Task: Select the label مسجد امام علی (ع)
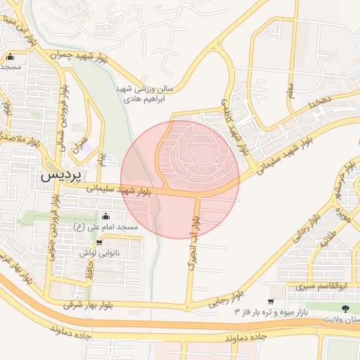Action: [x=107, y=228]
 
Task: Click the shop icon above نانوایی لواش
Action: [x=99, y=242]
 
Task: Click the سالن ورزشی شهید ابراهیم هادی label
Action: [x=144, y=94]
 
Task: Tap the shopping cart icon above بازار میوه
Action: [x=270, y=301]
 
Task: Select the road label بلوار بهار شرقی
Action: [x=89, y=305]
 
